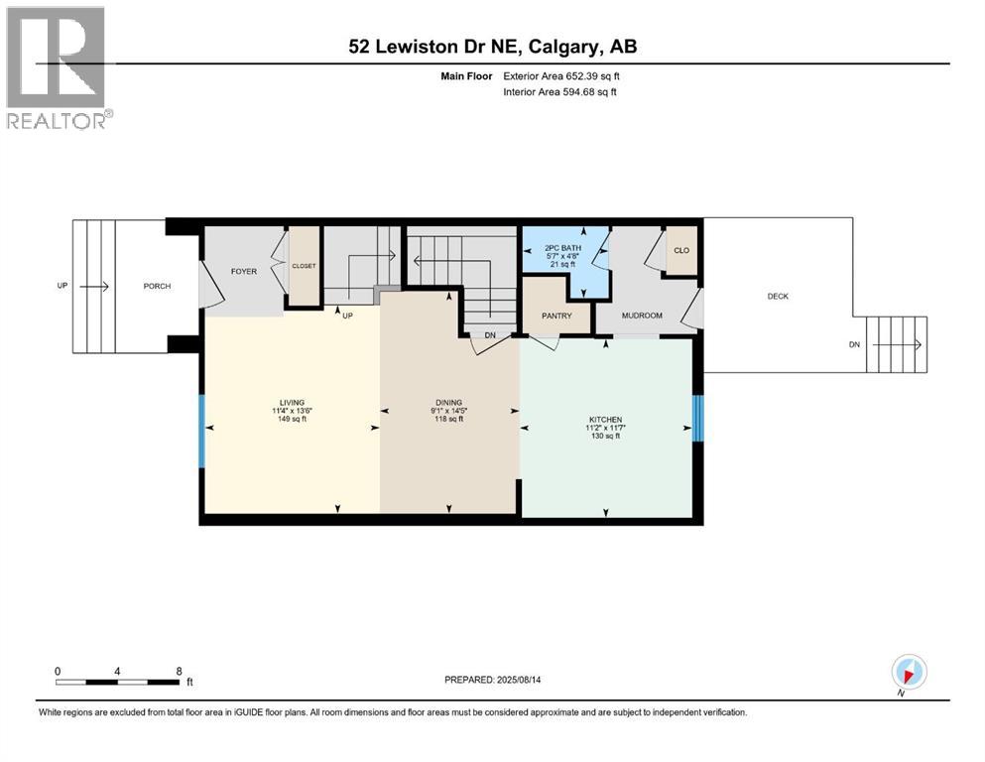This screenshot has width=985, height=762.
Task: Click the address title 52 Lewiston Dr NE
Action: click(432, 47)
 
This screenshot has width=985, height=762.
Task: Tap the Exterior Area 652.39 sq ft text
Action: click(561, 76)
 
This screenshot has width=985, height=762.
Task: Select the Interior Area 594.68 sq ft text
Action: click(559, 91)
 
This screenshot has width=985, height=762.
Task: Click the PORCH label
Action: click(157, 286)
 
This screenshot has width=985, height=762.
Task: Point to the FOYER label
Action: click(244, 272)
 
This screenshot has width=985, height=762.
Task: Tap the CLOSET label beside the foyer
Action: click(305, 266)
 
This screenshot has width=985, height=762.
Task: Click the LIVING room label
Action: click(292, 403)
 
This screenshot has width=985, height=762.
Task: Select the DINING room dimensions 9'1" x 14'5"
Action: click(449, 411)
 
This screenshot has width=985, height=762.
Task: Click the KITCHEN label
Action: click(605, 420)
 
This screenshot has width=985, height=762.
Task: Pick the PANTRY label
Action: click(556, 316)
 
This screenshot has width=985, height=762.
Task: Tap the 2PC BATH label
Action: click(562, 248)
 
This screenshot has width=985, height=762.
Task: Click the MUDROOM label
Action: click(642, 316)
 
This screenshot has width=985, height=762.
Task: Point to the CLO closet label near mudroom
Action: click(681, 250)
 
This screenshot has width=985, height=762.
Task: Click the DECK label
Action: click(778, 296)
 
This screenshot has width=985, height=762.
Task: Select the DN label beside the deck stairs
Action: click(854, 344)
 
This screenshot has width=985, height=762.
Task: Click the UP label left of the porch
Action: click(62, 286)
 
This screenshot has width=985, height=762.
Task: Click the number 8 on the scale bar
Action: click(179, 671)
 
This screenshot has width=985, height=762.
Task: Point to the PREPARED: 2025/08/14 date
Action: click(492, 680)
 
